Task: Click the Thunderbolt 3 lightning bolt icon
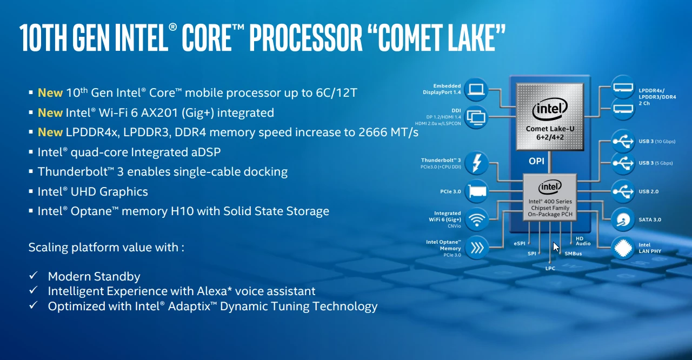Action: (477, 163)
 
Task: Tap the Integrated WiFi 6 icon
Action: (477, 219)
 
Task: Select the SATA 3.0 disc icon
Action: (623, 219)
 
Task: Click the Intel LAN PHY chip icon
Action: (623, 248)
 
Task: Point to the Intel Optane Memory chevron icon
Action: (477, 248)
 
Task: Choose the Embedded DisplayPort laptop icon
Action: (476, 90)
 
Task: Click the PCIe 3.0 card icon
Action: (477, 191)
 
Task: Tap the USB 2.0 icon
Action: (623, 191)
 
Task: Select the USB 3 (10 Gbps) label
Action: (657, 142)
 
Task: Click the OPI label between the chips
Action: (536, 161)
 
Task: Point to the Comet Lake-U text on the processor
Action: (550, 129)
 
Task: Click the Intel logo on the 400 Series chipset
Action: (550, 186)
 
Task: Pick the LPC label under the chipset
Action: (550, 268)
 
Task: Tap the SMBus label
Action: (573, 254)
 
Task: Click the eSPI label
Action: (520, 243)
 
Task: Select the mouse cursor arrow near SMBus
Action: (556, 247)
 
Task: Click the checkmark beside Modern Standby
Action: (33, 275)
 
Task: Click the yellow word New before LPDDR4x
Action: (50, 132)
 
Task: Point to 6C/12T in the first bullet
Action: (336, 92)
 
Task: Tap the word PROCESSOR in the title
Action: (305, 38)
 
